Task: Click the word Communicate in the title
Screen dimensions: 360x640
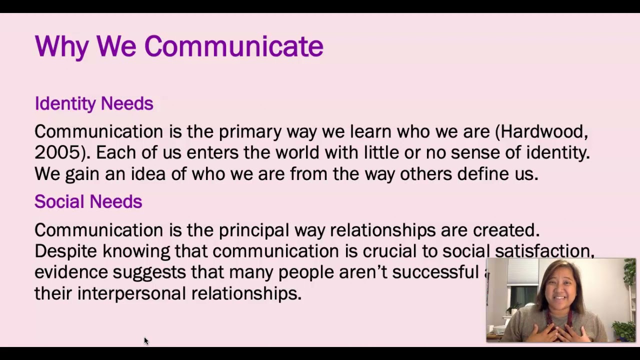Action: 233,46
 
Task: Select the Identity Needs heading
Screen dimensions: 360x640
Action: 93,103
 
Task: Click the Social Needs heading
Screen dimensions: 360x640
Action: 88,201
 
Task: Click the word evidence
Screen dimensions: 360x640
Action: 71,272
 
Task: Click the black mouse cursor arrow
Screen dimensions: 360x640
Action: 146,341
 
